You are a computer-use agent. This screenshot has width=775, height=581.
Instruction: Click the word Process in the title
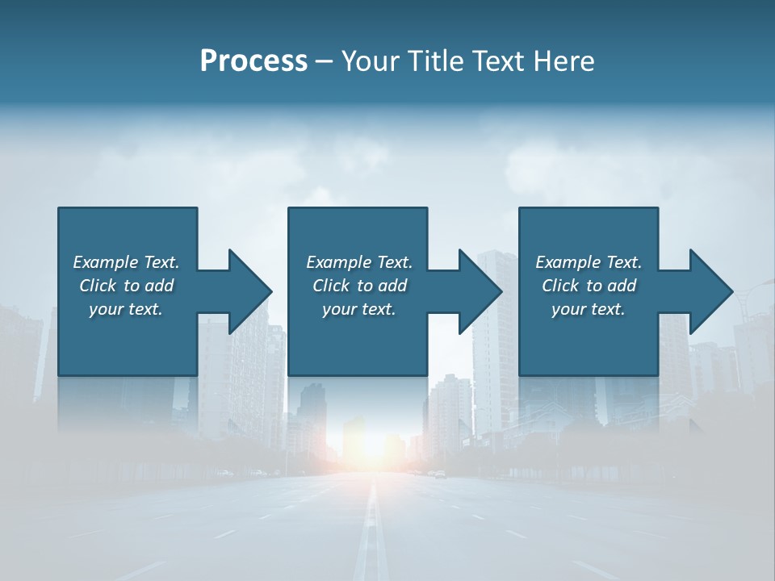(x=253, y=61)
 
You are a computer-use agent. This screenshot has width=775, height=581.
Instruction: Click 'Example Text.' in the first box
(x=126, y=262)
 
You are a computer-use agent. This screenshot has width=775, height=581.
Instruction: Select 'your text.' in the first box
(x=126, y=309)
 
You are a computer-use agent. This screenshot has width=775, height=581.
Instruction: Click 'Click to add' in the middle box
(x=359, y=286)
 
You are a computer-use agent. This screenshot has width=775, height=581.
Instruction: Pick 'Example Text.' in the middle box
(x=359, y=262)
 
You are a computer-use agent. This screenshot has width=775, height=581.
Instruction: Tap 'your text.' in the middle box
(x=359, y=309)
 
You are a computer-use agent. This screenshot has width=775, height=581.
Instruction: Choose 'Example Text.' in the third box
(x=589, y=262)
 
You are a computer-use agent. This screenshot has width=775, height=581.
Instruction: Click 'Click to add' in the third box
(x=589, y=286)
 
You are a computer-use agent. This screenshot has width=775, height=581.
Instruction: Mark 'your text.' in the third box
(x=589, y=309)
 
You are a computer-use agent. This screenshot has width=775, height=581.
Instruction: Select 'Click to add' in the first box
(x=126, y=286)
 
